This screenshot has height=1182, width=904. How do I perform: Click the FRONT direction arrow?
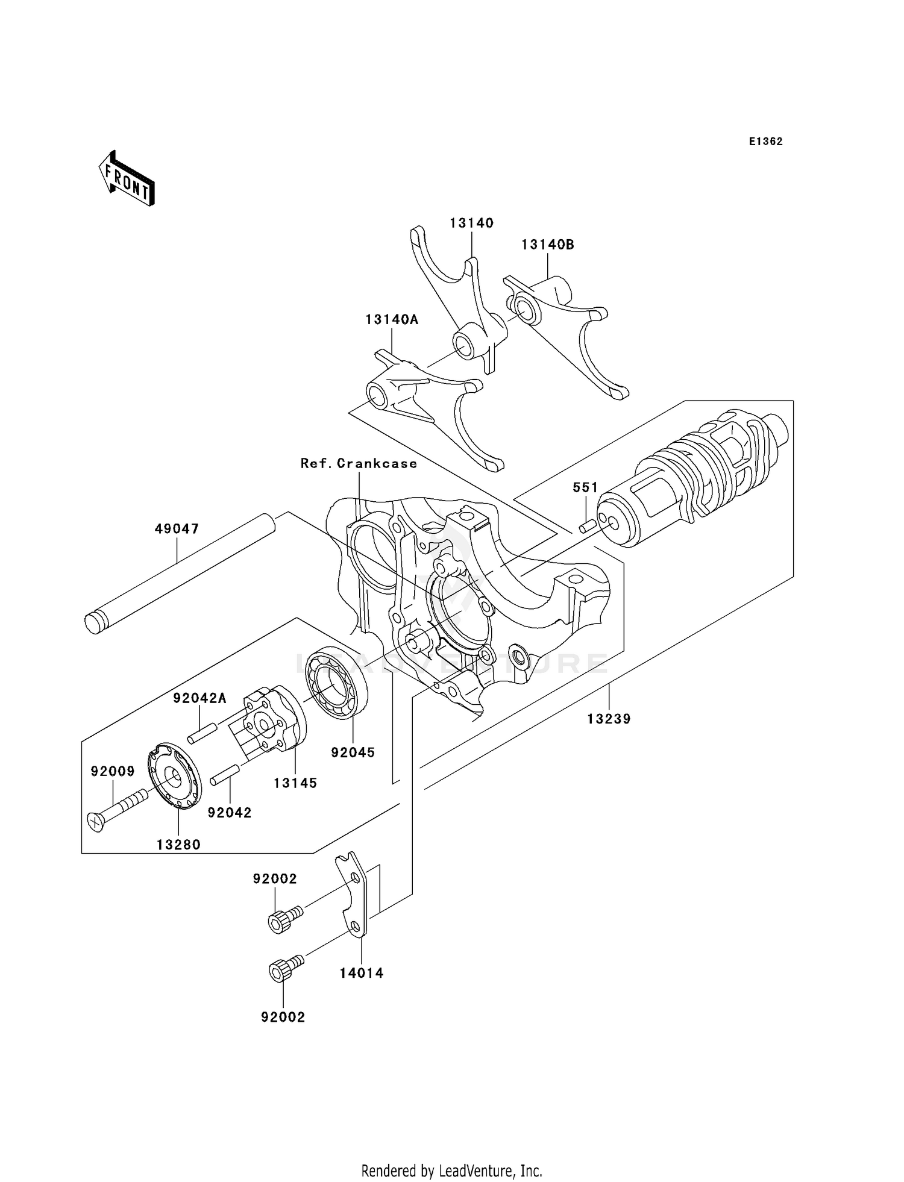tap(127, 180)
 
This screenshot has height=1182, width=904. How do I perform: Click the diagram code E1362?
tap(765, 142)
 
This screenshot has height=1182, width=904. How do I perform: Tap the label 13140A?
tap(391, 319)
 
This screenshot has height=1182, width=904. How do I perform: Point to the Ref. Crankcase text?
tap(359, 463)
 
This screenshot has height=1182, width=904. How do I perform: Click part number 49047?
tap(177, 529)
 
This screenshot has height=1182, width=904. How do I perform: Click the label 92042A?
tap(199, 698)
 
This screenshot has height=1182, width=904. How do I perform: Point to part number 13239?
tap(609, 719)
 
